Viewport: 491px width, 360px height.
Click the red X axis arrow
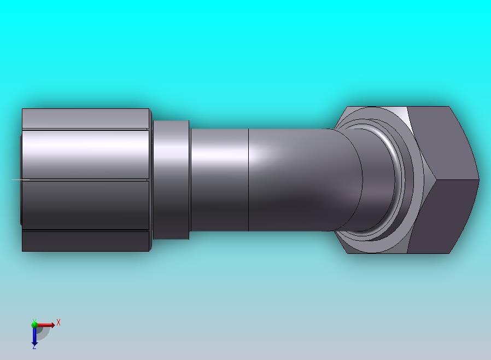tap(46, 326)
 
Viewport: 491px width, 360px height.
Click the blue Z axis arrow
tap(34, 336)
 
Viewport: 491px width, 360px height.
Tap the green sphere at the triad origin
tap(34, 324)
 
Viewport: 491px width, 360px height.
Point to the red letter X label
tap(58, 323)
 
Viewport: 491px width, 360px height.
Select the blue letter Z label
tap(34, 347)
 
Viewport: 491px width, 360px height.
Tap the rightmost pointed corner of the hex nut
tap(478, 179)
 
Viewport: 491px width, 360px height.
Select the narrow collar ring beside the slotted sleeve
tap(171, 179)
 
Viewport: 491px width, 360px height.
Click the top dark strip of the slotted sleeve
tap(86, 118)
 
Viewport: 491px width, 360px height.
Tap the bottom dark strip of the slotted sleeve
tap(86, 241)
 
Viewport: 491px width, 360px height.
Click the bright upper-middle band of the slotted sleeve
tap(86, 154)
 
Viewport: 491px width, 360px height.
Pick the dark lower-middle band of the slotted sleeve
tap(86, 205)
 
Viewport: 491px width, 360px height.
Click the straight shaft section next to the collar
tap(219, 179)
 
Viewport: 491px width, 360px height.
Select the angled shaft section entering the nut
tap(306, 179)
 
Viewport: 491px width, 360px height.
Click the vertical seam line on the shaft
tap(249, 179)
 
